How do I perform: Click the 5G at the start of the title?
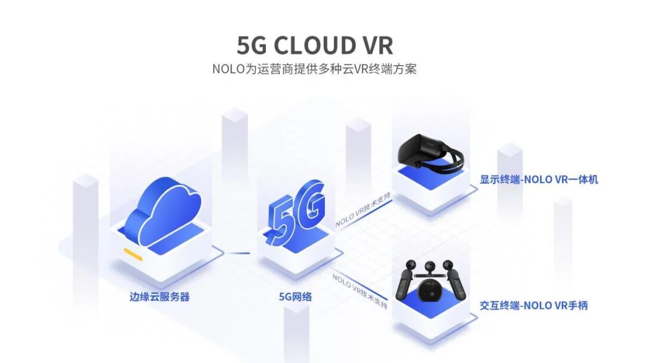point(251,45)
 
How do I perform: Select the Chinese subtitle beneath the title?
point(315,69)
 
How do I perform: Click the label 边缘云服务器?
point(159,296)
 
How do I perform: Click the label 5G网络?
point(296,296)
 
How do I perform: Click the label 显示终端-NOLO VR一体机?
point(539,179)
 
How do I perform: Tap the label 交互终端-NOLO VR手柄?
point(534,305)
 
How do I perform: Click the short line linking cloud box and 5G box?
point(239,253)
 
